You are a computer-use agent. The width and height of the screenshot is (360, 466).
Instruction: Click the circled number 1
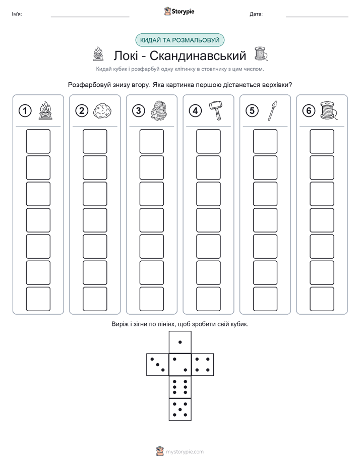coord(25,111)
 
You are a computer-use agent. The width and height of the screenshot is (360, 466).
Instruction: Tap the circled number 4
coord(195,111)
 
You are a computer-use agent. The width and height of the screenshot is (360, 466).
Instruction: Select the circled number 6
coord(309,111)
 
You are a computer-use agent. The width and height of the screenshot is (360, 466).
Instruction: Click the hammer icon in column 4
coord(216,110)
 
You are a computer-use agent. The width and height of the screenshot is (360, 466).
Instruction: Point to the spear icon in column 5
coord(272,110)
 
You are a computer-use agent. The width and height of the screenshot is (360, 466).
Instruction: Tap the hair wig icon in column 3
coord(159,110)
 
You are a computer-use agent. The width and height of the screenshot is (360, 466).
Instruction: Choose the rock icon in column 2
coord(102,111)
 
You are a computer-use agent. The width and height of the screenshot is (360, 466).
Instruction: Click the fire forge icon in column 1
coord(45,110)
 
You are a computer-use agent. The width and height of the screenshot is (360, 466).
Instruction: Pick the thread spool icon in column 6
coord(329,110)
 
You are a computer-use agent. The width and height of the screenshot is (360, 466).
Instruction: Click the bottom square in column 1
coord(38,299)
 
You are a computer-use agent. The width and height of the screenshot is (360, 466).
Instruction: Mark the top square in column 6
coord(322,141)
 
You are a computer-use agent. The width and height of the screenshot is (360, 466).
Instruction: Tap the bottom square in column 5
coord(265,299)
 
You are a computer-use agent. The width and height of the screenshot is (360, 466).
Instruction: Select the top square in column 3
coord(152,141)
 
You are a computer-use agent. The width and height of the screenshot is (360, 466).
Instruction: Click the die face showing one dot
coord(180,342)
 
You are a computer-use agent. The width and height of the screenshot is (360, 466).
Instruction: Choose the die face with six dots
coord(180,387)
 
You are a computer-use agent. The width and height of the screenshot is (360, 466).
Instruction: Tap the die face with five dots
coord(180,409)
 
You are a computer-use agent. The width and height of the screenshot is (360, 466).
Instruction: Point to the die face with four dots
coord(203,365)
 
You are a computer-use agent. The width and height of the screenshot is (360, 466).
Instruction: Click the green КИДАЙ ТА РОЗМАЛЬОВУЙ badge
coord(179,40)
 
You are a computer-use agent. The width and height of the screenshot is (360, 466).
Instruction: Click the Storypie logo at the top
coord(179,11)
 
